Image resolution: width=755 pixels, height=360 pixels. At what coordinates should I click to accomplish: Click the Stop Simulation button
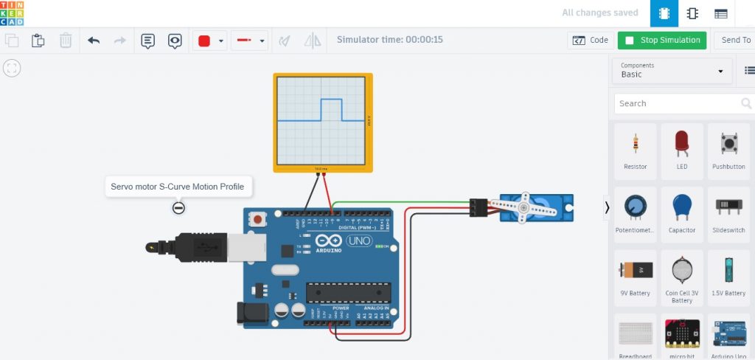[661, 40]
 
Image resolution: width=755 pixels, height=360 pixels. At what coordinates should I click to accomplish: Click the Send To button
[735, 40]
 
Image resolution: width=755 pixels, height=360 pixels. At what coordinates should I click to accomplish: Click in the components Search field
[677, 103]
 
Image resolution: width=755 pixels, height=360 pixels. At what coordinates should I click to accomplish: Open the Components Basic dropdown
[671, 71]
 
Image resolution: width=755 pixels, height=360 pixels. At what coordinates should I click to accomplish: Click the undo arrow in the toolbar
[94, 41]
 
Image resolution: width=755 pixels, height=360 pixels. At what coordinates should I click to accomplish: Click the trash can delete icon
[66, 41]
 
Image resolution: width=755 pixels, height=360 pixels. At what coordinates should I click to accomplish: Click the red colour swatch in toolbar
[204, 41]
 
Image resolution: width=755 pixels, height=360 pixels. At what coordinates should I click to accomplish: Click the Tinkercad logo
[13, 13]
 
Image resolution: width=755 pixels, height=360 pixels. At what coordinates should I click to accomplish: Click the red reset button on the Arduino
[258, 219]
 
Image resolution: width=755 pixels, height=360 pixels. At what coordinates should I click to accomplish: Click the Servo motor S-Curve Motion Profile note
[178, 187]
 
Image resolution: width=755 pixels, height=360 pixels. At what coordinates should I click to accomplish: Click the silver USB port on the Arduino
[246, 249]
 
